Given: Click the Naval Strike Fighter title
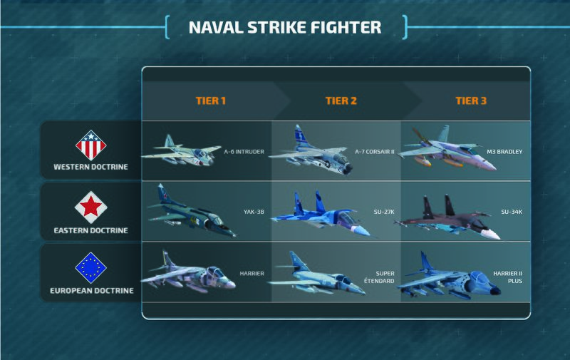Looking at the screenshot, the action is point(285,27).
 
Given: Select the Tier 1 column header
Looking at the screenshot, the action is point(211,101).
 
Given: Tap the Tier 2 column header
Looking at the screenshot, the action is point(341,101).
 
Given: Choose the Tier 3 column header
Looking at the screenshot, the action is point(471,101).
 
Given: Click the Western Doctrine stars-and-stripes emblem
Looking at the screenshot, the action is point(90,145).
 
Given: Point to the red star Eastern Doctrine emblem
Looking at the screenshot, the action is point(90,207).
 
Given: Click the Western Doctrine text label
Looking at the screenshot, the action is point(90,168).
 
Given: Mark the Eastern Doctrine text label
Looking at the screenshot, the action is point(90,230).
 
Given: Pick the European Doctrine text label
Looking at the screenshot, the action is point(90,291).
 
